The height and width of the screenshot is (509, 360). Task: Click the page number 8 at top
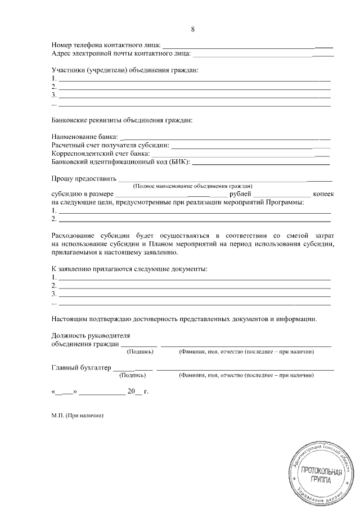pyautogui.click(x=193, y=29)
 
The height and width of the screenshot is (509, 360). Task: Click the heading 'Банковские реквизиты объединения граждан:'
pyautogui.click(x=121, y=120)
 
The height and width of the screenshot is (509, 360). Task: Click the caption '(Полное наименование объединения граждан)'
pyautogui.click(x=192, y=186)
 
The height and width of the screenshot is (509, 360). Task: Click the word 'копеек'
pyautogui.click(x=323, y=194)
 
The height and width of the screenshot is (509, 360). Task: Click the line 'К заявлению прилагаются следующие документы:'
pyautogui.click(x=129, y=269)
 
